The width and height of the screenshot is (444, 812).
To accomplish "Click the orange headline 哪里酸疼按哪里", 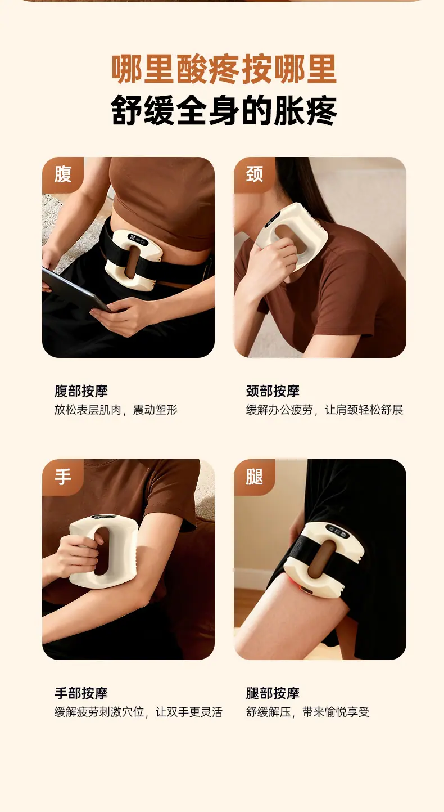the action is (x=224, y=69).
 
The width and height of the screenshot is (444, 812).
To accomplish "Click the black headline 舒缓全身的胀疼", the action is (x=224, y=110).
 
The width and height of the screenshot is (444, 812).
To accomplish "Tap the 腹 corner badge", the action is (x=63, y=175).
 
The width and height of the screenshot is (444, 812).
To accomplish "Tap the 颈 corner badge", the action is (x=254, y=175).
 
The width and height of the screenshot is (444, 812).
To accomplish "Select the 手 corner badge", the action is (x=63, y=477).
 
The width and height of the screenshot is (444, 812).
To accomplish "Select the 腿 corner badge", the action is (x=254, y=477).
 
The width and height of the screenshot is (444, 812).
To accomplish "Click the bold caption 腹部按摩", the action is (x=81, y=391).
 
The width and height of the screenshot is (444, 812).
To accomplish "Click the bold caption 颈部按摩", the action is (x=273, y=391).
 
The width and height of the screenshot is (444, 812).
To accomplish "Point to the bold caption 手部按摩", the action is (x=81, y=693).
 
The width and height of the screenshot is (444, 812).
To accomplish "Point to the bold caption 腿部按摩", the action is (x=273, y=693).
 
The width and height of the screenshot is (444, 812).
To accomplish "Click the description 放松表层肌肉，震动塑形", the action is (x=116, y=410).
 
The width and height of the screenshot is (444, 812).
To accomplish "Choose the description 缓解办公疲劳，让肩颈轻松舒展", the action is (x=324, y=410).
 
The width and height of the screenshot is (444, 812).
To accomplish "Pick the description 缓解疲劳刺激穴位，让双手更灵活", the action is (x=138, y=712).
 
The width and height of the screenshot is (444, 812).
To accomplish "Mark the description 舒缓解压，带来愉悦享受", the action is (x=307, y=712).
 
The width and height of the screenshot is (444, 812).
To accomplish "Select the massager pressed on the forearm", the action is (x=104, y=551).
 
